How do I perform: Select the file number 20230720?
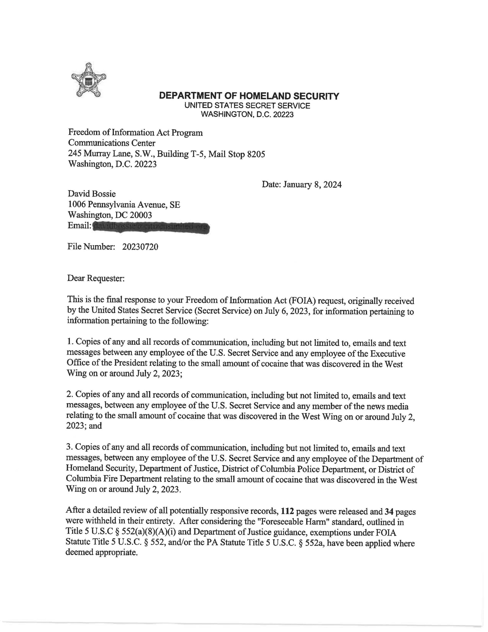point(140,247)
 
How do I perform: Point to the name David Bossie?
point(92,194)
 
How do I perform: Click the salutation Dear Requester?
point(96,278)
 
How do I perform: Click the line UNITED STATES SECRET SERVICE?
point(247,106)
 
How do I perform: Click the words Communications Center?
point(112,143)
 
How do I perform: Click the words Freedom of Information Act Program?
point(135,133)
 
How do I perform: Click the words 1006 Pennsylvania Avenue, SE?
point(124,205)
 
